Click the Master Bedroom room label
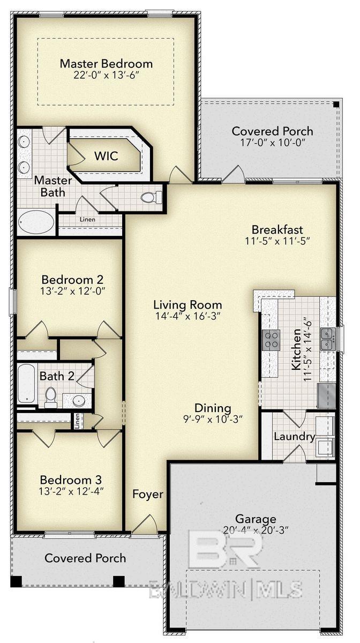[106, 63]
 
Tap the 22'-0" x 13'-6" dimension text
[106, 76]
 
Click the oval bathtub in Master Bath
[36, 221]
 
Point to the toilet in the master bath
[152, 197]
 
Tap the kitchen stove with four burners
[271, 340]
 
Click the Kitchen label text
[296, 356]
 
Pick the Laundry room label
[294, 436]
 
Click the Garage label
[255, 519]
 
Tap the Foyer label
[148, 494]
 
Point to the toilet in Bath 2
[51, 397]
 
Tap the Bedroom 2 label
[72, 279]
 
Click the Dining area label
[213, 408]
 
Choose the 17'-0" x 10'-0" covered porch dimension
[272, 144]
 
